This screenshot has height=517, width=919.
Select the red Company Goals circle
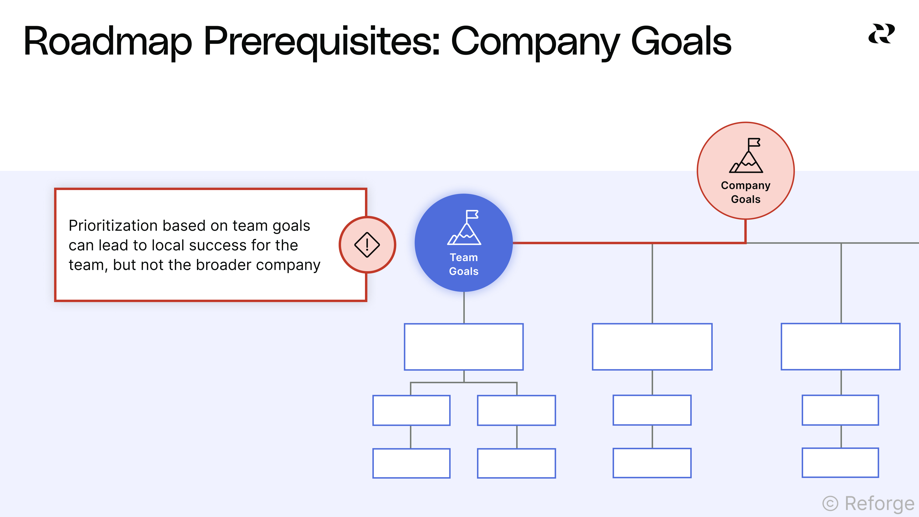(746, 171)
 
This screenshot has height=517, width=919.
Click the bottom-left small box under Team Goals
(411, 463)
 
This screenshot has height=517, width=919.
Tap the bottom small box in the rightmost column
(840, 463)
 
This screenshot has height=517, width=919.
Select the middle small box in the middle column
(652, 410)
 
